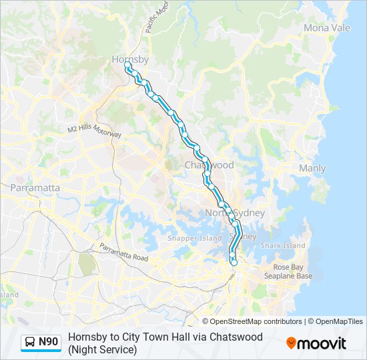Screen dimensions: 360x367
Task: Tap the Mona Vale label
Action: pyautogui.click(x=326, y=28)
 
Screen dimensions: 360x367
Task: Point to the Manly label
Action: pyautogui.click(x=312, y=169)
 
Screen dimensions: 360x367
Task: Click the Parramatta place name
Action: pyautogui.click(x=35, y=188)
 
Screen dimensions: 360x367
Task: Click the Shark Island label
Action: pyautogui.click(x=283, y=245)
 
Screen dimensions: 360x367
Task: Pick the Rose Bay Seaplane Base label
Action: pyautogui.click(x=288, y=271)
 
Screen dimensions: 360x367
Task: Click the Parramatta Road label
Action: pyautogui.click(x=123, y=253)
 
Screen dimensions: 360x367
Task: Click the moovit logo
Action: pyautogui.click(x=316, y=343)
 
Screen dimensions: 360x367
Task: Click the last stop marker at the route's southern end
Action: pyautogui.click(x=234, y=263)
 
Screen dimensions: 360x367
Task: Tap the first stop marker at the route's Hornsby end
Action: pyautogui.click(x=126, y=65)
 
